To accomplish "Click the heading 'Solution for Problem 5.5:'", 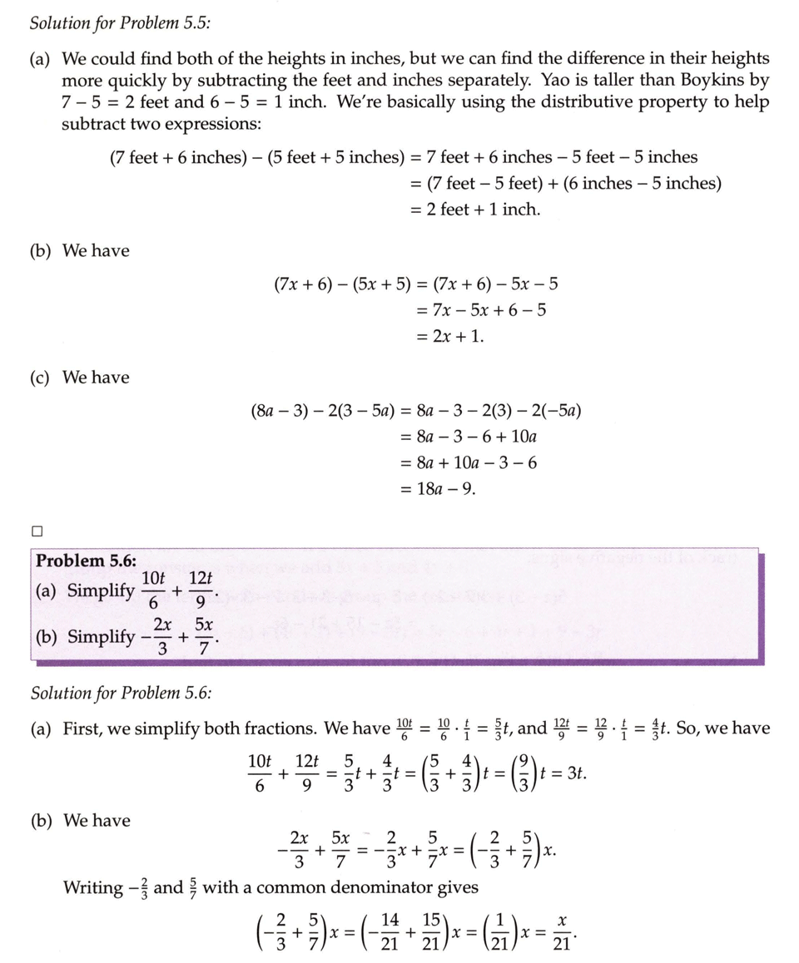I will coord(120,22).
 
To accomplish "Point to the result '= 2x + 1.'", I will coord(449,337).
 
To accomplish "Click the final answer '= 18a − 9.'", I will coord(438,489).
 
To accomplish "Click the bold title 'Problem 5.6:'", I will coord(86,561).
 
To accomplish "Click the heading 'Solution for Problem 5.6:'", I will coord(120,693).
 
